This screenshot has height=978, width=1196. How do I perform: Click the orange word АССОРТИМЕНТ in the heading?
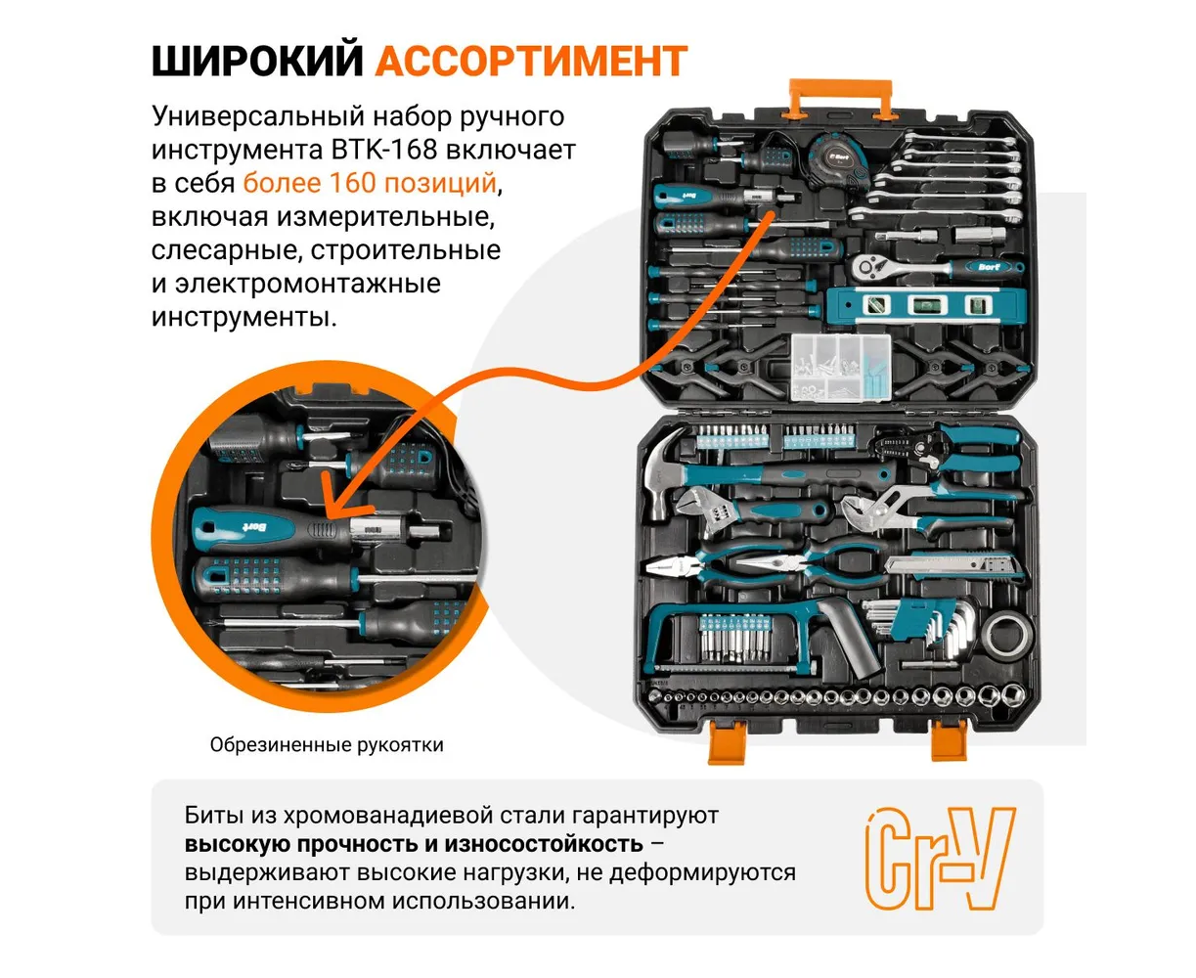coord(531,61)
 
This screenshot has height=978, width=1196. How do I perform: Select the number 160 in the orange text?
coord(352,183)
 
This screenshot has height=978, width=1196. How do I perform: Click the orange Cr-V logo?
coord(940,858)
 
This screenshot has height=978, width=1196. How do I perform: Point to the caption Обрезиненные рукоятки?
coord(326,745)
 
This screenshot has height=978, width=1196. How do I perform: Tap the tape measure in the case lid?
coord(838,160)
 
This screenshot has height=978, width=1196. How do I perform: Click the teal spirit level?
coord(925,306)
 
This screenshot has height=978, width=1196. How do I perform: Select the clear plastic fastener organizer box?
coord(840,367)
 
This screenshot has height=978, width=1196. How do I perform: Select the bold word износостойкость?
coord(544,844)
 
